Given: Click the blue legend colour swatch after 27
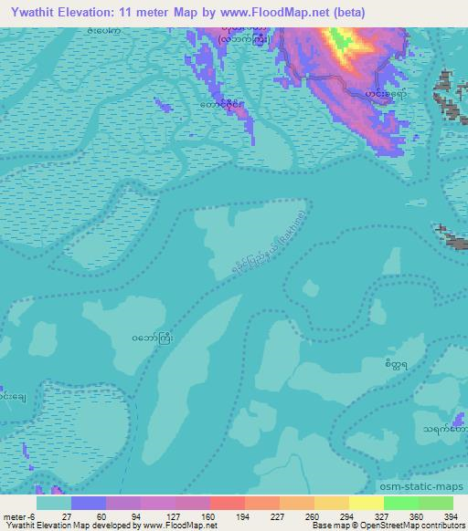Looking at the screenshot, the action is (x=89, y=503).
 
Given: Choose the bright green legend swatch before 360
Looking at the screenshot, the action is (x=400, y=503).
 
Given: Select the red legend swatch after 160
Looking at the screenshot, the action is (x=227, y=503).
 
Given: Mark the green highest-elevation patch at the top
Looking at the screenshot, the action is (x=342, y=40).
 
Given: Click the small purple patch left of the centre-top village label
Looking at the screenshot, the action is (x=164, y=107).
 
